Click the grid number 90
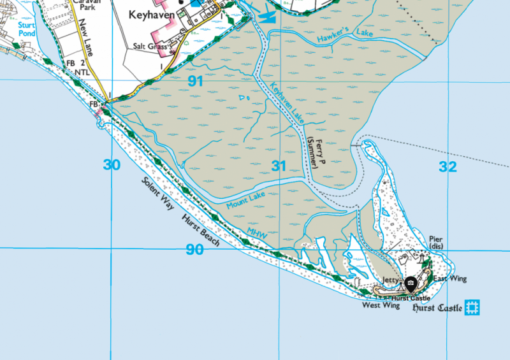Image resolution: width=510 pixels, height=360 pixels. [195, 249]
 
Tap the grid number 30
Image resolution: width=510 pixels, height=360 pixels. [112, 165]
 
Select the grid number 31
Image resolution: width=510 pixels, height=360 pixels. [279, 166]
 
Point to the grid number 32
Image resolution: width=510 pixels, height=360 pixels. [448, 166]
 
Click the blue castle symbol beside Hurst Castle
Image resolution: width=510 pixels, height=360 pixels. [472, 308]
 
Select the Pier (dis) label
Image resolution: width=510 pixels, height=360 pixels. [436, 243]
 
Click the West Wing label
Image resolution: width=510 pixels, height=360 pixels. [381, 306]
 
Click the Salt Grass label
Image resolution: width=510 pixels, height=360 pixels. [150, 47]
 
